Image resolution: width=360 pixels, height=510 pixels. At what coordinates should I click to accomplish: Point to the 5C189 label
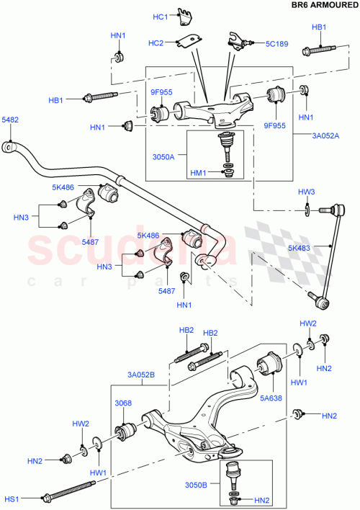pos(276,44)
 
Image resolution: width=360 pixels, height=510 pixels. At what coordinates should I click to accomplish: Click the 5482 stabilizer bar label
pos(10,120)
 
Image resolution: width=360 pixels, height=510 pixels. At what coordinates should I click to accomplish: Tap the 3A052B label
pos(142,375)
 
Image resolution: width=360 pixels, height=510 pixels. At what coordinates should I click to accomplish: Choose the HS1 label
pos(12,498)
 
